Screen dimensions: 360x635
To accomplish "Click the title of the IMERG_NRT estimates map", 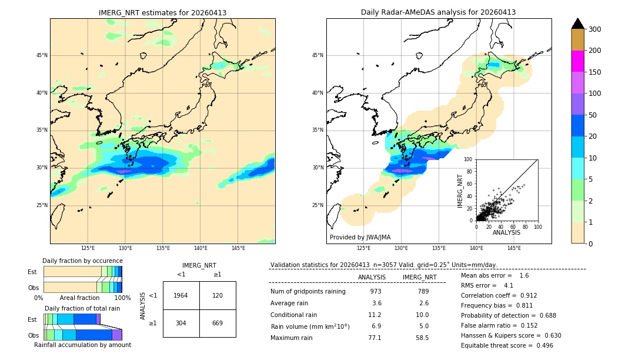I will [162, 12].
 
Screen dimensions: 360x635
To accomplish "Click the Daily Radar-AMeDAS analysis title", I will [438, 12].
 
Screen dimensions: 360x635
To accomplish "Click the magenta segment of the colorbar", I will [578, 61].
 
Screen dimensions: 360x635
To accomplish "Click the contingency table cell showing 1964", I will [181, 295].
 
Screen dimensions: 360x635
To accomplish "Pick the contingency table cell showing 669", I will [218, 323].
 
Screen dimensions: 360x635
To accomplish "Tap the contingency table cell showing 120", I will [218, 295].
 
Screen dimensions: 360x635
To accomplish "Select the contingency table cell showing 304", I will [181, 323].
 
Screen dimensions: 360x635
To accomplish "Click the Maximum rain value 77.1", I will [375, 338].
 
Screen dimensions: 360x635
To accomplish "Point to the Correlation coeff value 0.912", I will [524, 295].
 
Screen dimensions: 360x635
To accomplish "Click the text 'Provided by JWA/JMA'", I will [360, 237].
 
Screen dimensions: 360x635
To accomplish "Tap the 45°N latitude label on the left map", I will [42, 56].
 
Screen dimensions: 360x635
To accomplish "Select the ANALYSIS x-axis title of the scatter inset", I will [506, 232].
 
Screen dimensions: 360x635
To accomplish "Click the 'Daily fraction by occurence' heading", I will [82, 261].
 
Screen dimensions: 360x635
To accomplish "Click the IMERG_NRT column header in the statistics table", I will [419, 277].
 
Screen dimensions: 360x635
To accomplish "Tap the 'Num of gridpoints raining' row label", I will [308, 291].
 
